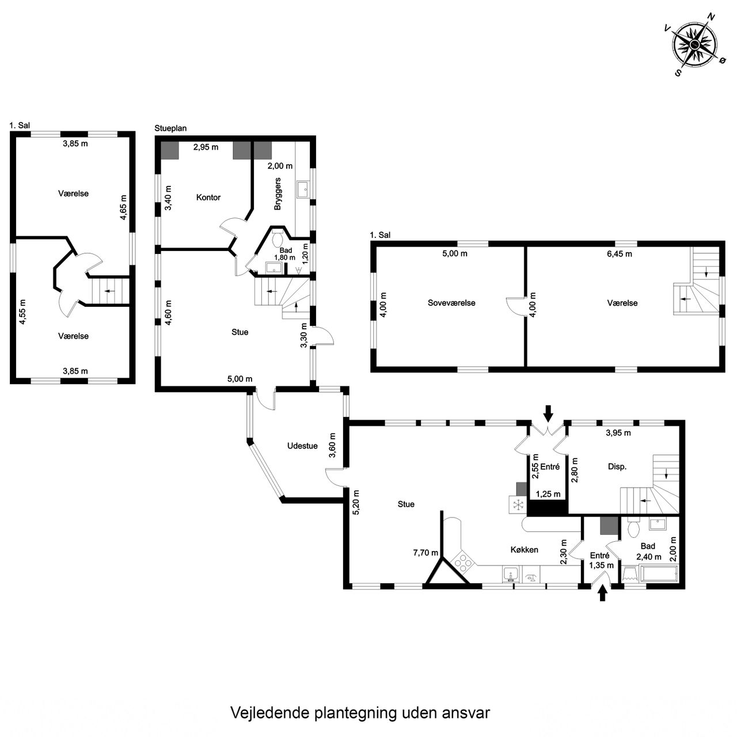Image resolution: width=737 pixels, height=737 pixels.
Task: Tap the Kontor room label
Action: [208, 197]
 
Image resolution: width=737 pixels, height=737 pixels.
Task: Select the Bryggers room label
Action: [278, 193]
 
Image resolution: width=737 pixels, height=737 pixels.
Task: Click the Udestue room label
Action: [302, 446]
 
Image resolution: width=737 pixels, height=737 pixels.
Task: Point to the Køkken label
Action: [525, 550]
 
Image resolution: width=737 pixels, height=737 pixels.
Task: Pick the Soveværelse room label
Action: [451, 303]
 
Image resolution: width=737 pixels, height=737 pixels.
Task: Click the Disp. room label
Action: [617, 466]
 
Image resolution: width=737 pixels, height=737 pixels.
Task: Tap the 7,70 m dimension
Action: [426, 553]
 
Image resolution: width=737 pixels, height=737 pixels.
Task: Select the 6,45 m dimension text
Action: [619, 253]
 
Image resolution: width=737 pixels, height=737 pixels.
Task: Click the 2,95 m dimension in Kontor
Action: [206, 147]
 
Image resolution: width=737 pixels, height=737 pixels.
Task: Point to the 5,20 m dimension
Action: [356, 502]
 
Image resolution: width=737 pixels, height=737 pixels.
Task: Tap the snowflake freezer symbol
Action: [518, 505]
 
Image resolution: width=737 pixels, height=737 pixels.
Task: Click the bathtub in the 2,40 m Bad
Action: [659, 575]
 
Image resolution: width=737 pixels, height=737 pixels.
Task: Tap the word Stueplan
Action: [170, 128]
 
